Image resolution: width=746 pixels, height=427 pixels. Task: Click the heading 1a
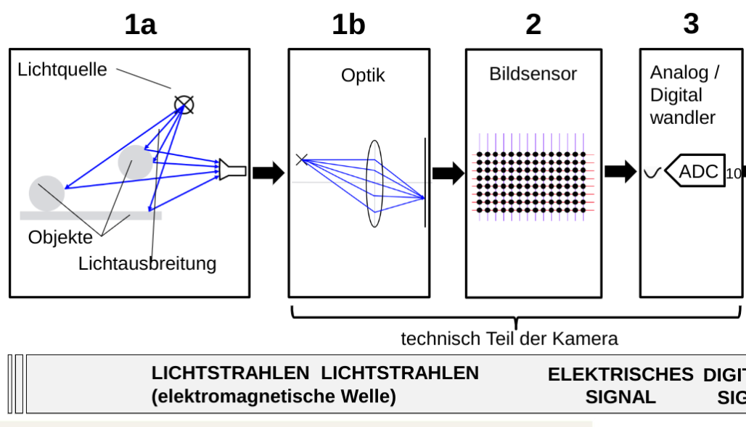point(140,25)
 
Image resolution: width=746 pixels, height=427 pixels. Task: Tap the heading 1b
point(348,25)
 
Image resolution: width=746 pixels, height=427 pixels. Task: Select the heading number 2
point(533,25)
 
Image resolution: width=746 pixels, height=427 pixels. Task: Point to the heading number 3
point(691,24)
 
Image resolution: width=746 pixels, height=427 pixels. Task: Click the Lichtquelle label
point(62,70)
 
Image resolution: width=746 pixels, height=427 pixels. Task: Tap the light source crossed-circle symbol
point(184,105)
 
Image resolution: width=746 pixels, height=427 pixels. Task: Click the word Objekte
point(61,237)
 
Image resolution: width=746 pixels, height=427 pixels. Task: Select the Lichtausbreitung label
point(147,263)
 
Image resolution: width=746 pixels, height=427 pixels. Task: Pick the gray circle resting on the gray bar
point(46,193)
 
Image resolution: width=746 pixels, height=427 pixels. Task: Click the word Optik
point(363,75)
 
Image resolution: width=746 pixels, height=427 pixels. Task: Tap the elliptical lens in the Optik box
point(374,183)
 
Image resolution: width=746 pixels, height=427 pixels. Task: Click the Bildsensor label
point(533,74)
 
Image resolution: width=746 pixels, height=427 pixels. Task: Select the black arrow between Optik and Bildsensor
point(448,173)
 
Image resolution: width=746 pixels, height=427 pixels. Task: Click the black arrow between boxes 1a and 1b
point(269,173)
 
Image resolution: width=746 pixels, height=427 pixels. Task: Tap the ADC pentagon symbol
point(695,171)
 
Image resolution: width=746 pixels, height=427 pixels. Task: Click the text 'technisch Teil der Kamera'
point(509,338)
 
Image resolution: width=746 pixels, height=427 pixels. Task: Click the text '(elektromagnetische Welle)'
point(274,397)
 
